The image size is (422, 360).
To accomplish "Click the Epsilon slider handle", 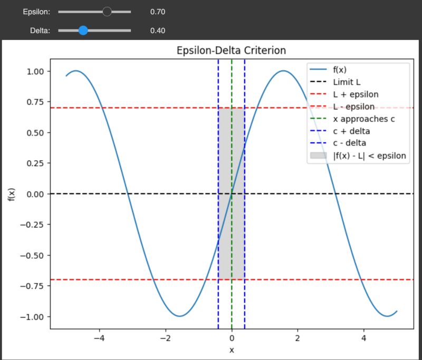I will (107, 11).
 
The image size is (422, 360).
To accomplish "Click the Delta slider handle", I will (83, 31).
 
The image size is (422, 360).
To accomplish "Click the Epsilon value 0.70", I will (158, 12).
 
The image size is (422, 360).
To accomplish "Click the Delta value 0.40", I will (158, 31).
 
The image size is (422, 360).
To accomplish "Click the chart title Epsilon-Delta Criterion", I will (231, 51).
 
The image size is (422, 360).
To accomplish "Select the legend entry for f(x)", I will (342, 70).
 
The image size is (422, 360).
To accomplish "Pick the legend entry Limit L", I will (347, 82).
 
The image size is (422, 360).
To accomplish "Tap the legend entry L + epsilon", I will (356, 94).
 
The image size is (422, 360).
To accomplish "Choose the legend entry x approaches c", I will (364, 119).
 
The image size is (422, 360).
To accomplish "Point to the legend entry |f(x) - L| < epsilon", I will (370, 155).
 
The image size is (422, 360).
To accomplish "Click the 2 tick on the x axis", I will (298, 338).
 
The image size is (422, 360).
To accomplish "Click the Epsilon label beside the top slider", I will (36, 12).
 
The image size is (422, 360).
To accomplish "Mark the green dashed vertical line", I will (232, 237).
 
